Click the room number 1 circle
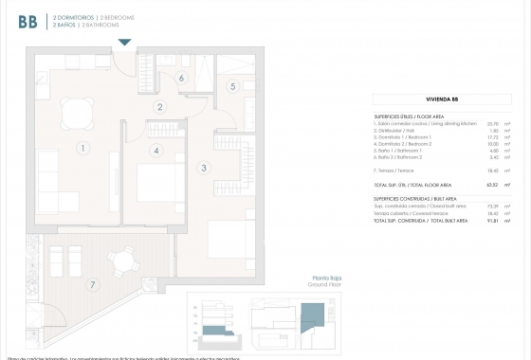83,148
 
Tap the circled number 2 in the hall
161,107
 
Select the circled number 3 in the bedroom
203,168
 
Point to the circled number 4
155,150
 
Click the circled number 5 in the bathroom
232,86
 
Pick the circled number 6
180,79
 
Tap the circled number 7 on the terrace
92,284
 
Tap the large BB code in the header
27,20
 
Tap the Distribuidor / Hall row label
399,131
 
